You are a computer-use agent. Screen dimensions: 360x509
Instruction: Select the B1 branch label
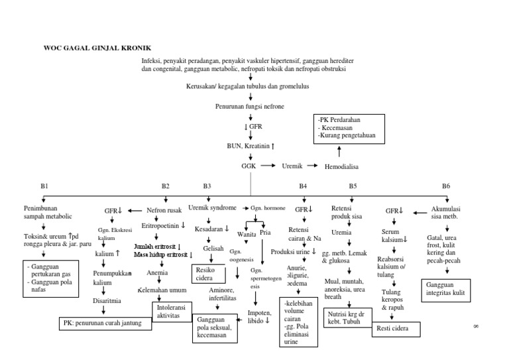click(x=45, y=187)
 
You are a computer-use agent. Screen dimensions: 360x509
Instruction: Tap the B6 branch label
click(x=446, y=187)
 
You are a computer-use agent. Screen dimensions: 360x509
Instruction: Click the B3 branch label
click(x=207, y=187)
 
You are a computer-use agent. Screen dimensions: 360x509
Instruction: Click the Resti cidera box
click(x=396, y=329)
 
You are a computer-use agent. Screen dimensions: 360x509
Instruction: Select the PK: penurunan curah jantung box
click(x=105, y=324)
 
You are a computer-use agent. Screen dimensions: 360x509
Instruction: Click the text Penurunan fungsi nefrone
click(x=251, y=106)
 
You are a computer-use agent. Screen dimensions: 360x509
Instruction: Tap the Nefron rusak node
click(x=165, y=210)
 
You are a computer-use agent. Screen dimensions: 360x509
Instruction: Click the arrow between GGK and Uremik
click(x=268, y=166)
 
